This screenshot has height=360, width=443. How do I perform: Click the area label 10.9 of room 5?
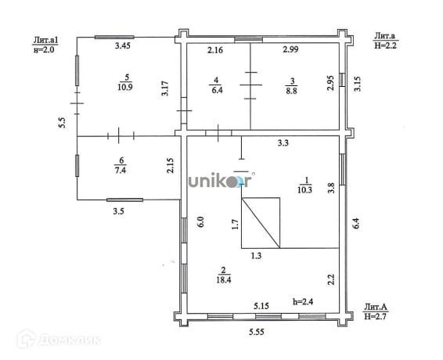pyautogui.click(x=125, y=87)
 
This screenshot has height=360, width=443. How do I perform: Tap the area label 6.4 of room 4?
pyautogui.click(x=217, y=91)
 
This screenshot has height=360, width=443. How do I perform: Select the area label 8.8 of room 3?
pyautogui.click(x=292, y=91)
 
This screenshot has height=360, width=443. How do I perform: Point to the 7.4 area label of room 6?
pyautogui.click(x=121, y=171)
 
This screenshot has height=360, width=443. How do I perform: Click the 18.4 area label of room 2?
pyautogui.click(x=224, y=279)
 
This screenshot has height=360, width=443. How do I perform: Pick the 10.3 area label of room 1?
pyautogui.click(x=304, y=189)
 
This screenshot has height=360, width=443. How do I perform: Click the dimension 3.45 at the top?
pyautogui.click(x=123, y=45)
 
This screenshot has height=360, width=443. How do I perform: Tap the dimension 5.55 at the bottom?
pyautogui.click(x=257, y=332)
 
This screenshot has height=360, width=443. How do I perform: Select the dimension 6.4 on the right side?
pyautogui.click(x=356, y=223)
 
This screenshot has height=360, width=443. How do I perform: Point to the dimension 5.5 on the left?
pyautogui.click(x=62, y=123)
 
